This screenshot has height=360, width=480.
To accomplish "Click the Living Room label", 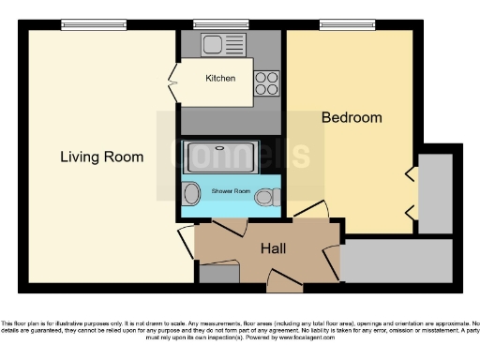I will [x=102, y=157].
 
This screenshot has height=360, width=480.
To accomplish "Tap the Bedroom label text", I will [x=352, y=117].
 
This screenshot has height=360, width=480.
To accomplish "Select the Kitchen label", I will [x=220, y=79].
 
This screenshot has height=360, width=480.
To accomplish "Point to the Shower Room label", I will [x=231, y=190].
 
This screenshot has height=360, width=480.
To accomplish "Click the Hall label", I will [x=273, y=248].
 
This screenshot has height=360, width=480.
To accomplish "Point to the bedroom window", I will [x=339, y=24].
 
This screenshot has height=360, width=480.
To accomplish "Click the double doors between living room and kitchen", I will [x=173, y=82].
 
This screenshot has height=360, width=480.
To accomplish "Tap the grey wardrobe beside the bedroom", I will [x=435, y=193].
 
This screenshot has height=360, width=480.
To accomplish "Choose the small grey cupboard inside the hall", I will [x=218, y=274].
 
